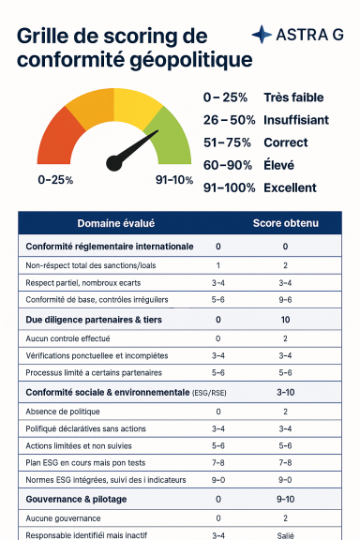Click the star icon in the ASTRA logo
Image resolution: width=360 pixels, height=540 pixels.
click(262, 35)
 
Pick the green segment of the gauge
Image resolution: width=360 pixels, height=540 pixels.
click(172, 138)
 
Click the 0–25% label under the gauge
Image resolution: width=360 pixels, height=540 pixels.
click(55, 179)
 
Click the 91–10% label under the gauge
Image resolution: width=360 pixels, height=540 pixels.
click(174, 179)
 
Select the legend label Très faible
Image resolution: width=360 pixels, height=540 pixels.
click(293, 97)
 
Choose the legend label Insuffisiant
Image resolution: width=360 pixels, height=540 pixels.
click(296, 120)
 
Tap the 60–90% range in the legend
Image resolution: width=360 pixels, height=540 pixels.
click(229, 165)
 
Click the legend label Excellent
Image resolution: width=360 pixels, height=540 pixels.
click(290, 187)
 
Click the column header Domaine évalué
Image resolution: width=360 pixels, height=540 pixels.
click(115, 223)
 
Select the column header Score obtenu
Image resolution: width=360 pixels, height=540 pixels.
click(286, 223)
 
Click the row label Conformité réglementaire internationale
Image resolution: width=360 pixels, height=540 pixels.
click(110, 247)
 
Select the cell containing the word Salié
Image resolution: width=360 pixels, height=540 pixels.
click(285, 535)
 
